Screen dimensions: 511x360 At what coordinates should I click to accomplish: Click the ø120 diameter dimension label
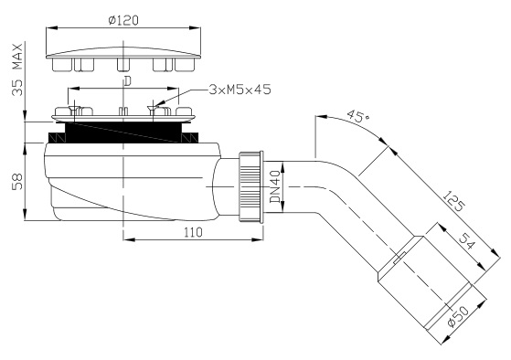123,20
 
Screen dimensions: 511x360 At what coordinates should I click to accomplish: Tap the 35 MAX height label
17,69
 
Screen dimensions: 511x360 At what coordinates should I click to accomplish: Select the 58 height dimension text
17,182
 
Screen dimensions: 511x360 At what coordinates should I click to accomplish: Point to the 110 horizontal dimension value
193,232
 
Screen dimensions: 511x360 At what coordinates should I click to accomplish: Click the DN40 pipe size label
275,186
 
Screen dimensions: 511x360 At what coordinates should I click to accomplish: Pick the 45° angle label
357,116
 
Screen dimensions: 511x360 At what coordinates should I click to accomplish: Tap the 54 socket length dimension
467,241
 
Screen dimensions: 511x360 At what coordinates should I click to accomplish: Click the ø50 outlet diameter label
458,316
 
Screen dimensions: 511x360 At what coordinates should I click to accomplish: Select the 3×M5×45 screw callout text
240,90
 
